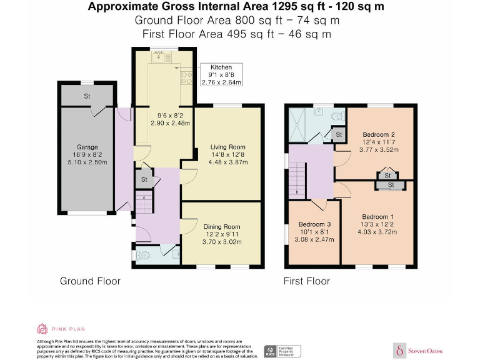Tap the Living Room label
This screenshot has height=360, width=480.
coord(227,147)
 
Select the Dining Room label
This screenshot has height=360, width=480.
coord(222,227)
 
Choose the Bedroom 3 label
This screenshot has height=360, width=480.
coord(314,224)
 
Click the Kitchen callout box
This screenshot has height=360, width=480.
coord(221,74)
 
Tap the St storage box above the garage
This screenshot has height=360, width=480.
coord(87,97)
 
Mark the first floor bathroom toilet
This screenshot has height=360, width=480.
coord(338,115)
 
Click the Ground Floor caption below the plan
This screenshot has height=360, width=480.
coord(90,281)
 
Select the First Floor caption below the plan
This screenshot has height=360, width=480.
coord(307,281)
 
